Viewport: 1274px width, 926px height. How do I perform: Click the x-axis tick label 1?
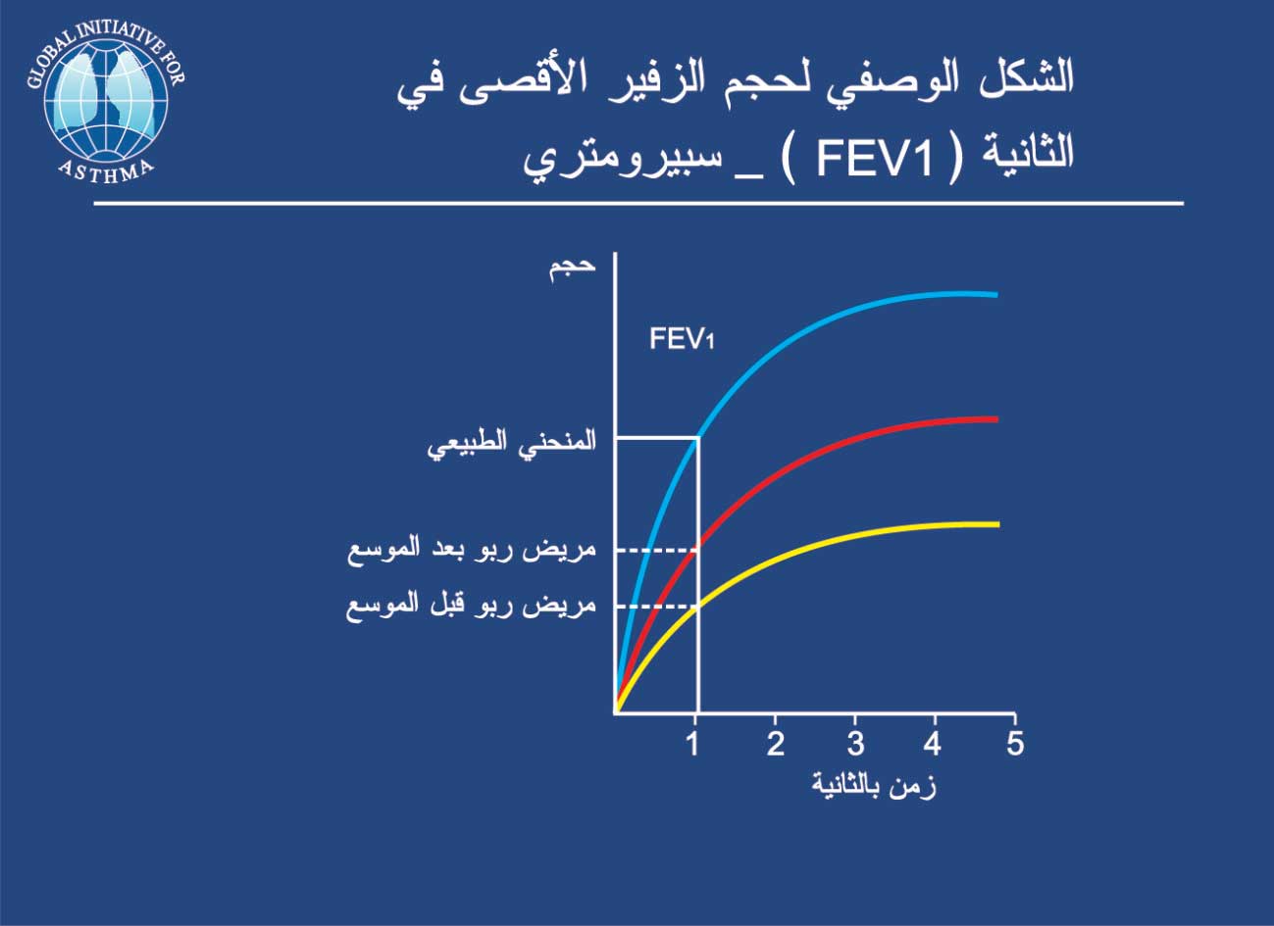[x=693, y=743]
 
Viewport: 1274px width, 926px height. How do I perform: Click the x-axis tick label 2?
[x=775, y=743]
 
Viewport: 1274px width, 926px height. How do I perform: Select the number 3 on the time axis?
[x=855, y=743]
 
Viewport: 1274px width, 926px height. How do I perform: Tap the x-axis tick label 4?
[x=932, y=743]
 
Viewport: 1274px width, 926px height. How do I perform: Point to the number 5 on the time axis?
[x=1015, y=743]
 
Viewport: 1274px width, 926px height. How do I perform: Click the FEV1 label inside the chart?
[x=682, y=340]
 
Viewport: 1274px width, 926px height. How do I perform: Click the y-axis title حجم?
[x=572, y=268]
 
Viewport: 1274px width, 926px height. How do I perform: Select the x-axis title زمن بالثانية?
[x=874, y=786]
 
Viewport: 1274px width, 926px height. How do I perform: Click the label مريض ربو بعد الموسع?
[x=472, y=551]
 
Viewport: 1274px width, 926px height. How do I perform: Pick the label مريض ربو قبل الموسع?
[x=472, y=607]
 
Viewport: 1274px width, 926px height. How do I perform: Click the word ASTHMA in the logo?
[x=106, y=171]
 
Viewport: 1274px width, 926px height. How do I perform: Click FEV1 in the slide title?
[x=874, y=160]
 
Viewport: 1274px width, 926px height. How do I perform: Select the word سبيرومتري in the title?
[x=623, y=161]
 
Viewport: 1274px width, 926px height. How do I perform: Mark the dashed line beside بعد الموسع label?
[x=657, y=550]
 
